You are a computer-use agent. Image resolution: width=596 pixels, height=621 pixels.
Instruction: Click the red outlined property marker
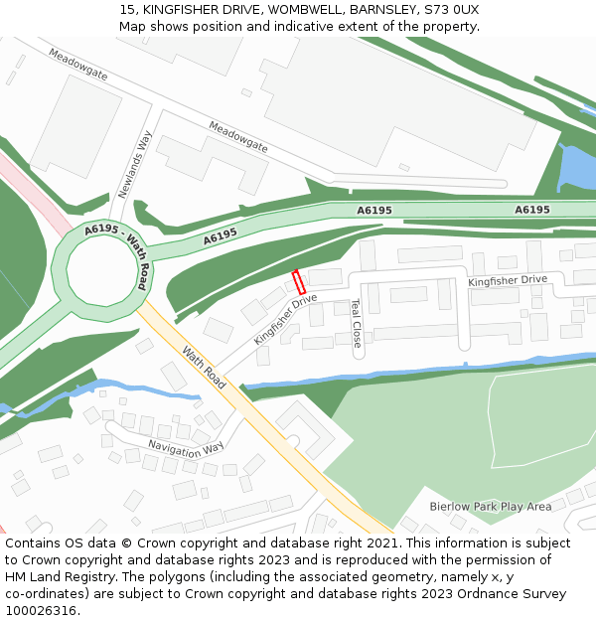pos(299,281)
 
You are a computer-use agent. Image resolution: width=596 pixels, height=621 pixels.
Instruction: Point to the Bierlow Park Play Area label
pos(490,506)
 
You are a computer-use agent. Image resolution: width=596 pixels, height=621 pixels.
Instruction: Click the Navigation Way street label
pos(186,448)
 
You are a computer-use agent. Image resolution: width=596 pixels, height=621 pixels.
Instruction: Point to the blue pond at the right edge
pos(577,168)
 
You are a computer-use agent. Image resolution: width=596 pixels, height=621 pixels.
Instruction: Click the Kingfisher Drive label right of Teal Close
pos(508,281)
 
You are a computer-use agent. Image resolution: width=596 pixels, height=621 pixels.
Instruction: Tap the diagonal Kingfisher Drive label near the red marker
pos(285,318)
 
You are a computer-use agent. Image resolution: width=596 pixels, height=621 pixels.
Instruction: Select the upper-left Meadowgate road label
pos(77,65)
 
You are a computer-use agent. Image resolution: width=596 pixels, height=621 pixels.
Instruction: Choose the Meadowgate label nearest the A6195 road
pos(238,136)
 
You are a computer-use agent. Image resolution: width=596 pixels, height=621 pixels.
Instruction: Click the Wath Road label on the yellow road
pos(203,367)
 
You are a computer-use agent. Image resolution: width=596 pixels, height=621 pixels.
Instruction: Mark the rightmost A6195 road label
pos(532,210)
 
